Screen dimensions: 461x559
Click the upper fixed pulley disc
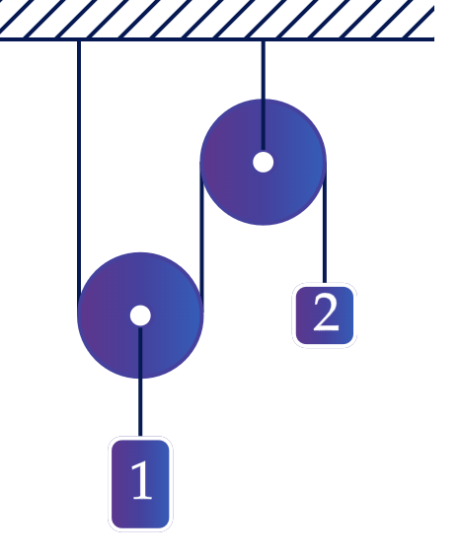click(x=264, y=163)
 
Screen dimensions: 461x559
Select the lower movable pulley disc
click(x=140, y=315)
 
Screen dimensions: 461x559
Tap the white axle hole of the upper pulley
click(x=264, y=163)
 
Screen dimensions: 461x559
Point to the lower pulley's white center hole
click(x=140, y=315)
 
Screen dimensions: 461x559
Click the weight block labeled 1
click(x=140, y=484)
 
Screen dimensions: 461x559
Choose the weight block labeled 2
click(x=324, y=315)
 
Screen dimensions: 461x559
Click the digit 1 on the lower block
click(x=142, y=480)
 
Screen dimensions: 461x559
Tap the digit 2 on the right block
click(x=326, y=313)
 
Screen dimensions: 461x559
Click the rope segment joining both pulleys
click(x=202, y=237)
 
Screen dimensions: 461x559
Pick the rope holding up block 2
click(x=324, y=223)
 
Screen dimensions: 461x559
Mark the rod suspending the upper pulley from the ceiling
click(x=264, y=96)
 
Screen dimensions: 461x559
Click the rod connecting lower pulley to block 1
click(x=140, y=382)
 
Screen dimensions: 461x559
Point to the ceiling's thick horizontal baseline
click(x=217, y=38)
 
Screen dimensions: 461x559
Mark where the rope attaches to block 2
click(x=324, y=283)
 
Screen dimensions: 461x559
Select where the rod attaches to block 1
click(x=140, y=437)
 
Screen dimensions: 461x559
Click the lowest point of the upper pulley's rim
click(x=264, y=226)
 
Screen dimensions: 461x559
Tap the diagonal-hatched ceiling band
click(x=217, y=19)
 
